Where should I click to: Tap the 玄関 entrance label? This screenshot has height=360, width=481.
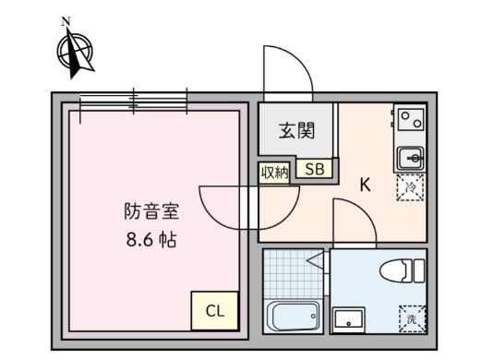point(291,130)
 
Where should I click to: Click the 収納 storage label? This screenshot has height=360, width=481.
point(274,171)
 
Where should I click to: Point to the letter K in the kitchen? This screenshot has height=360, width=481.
point(365,185)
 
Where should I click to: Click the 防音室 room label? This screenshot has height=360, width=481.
point(151,211)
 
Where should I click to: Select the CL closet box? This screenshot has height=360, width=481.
point(214,310)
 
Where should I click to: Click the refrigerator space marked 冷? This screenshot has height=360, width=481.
point(409,188)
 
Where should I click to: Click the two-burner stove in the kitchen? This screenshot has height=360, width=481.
point(409,119)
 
